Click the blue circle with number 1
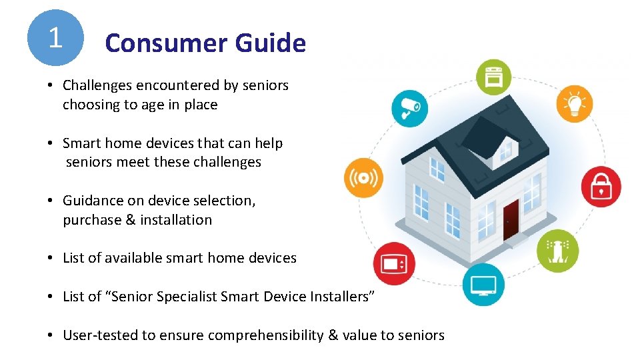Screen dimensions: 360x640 point(55,37)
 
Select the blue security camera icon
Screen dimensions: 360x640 point(409,108)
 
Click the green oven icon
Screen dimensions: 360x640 point(493,77)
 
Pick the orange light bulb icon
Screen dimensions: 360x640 point(574,103)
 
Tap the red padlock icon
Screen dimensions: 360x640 point(601,187)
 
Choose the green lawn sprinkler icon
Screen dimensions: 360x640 point(557,251)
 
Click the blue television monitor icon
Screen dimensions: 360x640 point(483,285)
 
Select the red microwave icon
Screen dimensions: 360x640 point(393,263)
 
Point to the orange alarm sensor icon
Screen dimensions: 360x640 point(364,178)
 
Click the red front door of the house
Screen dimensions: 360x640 point(511,219)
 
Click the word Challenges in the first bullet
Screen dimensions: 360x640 point(97,85)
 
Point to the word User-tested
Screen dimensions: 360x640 point(98,335)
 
